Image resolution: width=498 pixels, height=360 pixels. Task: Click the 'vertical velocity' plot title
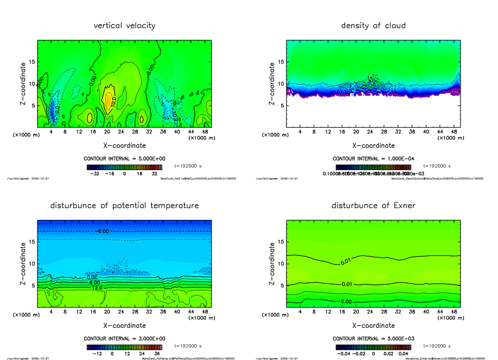pos(124,26)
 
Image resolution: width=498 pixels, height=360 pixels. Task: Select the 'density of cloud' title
pos(373,26)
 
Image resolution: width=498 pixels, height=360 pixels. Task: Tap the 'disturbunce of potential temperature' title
pos(124,206)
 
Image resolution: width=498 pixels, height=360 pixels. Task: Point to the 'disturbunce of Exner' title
pos(373,206)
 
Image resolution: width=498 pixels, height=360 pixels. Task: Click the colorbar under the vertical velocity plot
pos(124,168)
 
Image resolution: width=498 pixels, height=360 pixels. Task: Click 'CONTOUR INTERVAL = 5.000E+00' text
pos(124,159)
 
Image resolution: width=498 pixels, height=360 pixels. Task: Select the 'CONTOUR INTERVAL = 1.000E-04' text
pos(373,159)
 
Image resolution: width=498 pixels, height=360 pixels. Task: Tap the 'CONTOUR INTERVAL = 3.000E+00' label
pos(124,338)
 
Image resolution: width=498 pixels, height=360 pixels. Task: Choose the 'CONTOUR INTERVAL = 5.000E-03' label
pos(373,338)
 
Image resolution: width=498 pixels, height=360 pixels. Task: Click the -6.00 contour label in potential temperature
pos(103,231)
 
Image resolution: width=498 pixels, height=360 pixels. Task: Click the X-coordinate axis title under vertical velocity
pos(124,146)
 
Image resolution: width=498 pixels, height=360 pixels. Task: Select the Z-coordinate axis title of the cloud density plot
pos(272,83)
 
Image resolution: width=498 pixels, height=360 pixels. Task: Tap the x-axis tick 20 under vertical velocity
pos(107,132)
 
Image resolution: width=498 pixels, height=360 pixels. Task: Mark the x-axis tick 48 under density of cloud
pos(454,132)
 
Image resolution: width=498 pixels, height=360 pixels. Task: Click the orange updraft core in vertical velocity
pos(109,100)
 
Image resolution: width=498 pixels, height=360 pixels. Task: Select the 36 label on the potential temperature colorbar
pos(157,354)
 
